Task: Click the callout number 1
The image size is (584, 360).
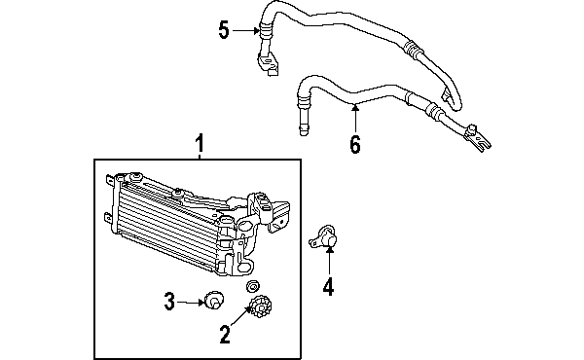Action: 200,145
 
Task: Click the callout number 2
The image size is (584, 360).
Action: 225,336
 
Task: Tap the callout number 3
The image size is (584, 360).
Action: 168,302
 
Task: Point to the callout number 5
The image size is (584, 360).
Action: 224,31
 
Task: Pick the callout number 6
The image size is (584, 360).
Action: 355,145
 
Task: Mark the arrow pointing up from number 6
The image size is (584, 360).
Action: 355,119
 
